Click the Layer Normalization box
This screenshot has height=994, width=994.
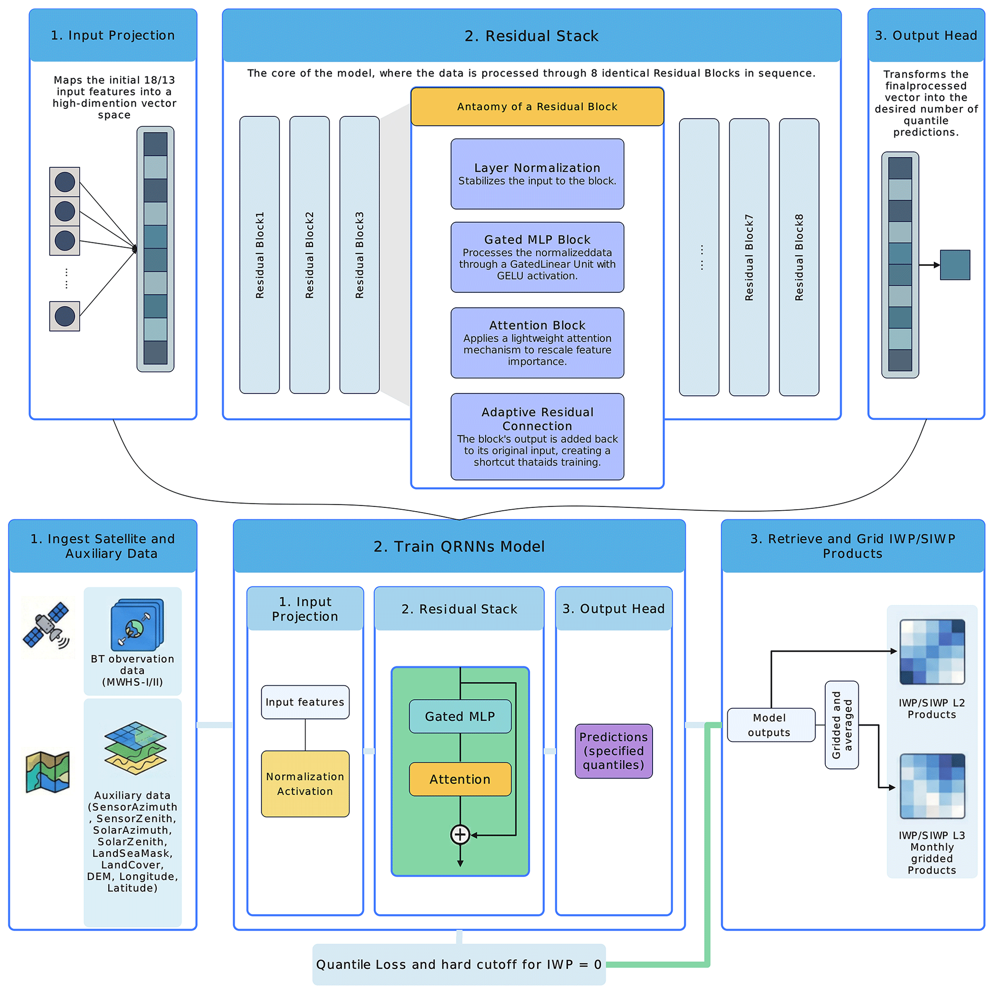(537, 174)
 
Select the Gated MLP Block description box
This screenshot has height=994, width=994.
(537, 257)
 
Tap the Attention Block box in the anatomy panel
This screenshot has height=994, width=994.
(537, 343)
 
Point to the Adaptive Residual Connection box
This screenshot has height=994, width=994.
(537, 436)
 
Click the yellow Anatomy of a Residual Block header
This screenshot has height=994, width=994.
(537, 106)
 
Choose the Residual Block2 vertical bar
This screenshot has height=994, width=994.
(309, 255)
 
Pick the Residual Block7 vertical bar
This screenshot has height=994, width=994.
(749, 257)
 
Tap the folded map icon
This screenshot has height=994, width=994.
(48, 772)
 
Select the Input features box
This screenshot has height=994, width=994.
(305, 702)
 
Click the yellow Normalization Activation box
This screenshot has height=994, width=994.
(305, 783)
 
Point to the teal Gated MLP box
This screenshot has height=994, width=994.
(460, 716)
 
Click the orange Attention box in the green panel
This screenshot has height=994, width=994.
(460, 779)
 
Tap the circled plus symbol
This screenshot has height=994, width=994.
(460, 834)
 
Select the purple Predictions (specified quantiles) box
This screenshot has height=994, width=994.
(613, 751)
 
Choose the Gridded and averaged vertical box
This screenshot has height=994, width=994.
(841, 724)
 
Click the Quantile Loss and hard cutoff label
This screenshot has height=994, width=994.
(458, 964)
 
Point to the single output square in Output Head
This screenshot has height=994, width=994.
(955, 265)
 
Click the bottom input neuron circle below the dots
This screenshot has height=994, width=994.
(65, 316)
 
